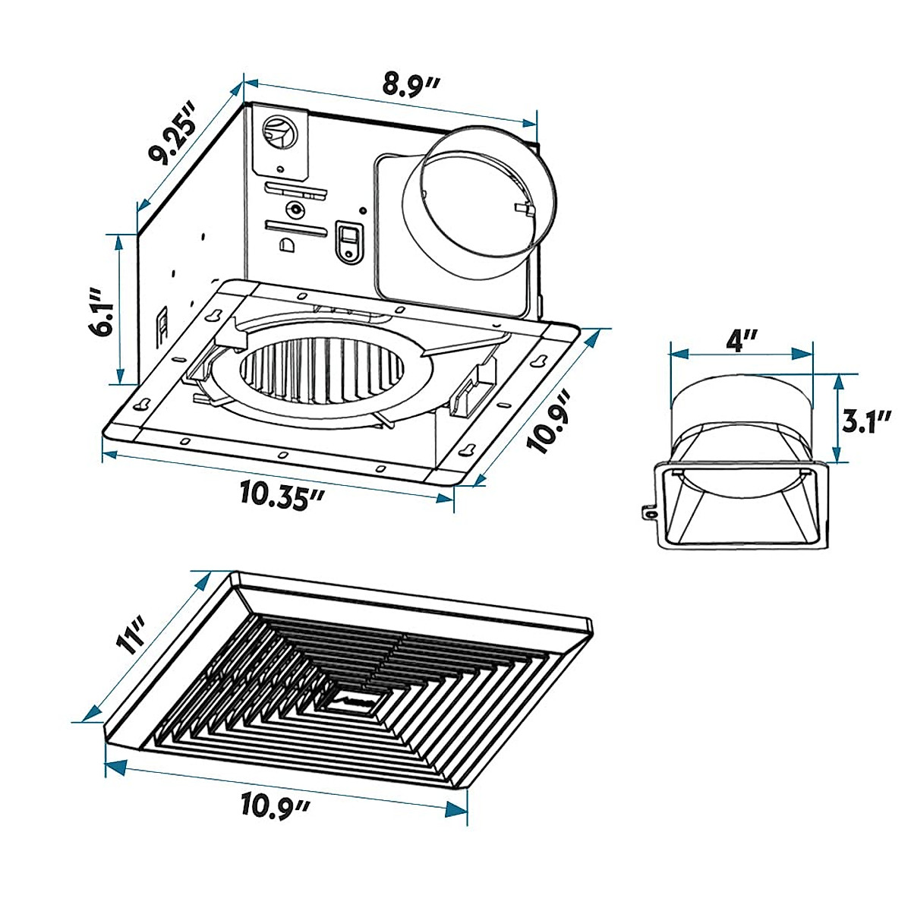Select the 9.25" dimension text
click(173, 135)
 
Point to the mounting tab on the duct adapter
click(650, 512)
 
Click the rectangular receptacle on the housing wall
click(348, 241)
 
